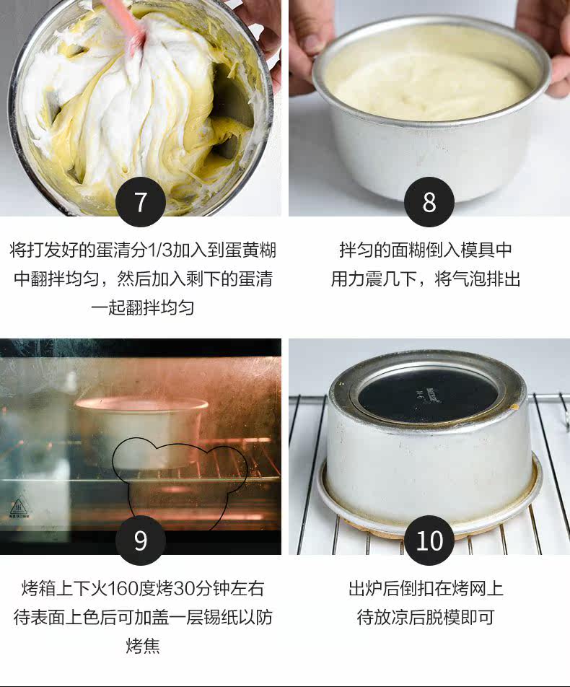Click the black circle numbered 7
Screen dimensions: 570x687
click(x=140, y=202)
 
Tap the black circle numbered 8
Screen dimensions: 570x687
click(x=429, y=202)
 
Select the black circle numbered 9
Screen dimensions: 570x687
click(x=140, y=541)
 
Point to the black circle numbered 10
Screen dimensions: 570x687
click(x=429, y=541)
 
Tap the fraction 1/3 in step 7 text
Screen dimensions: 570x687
click(x=159, y=250)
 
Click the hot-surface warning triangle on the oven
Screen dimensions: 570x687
click(x=19, y=507)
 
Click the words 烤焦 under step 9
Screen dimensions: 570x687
click(x=143, y=645)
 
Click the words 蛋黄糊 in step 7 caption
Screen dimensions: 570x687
click(x=250, y=250)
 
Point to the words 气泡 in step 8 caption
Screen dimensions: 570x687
click(x=469, y=279)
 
